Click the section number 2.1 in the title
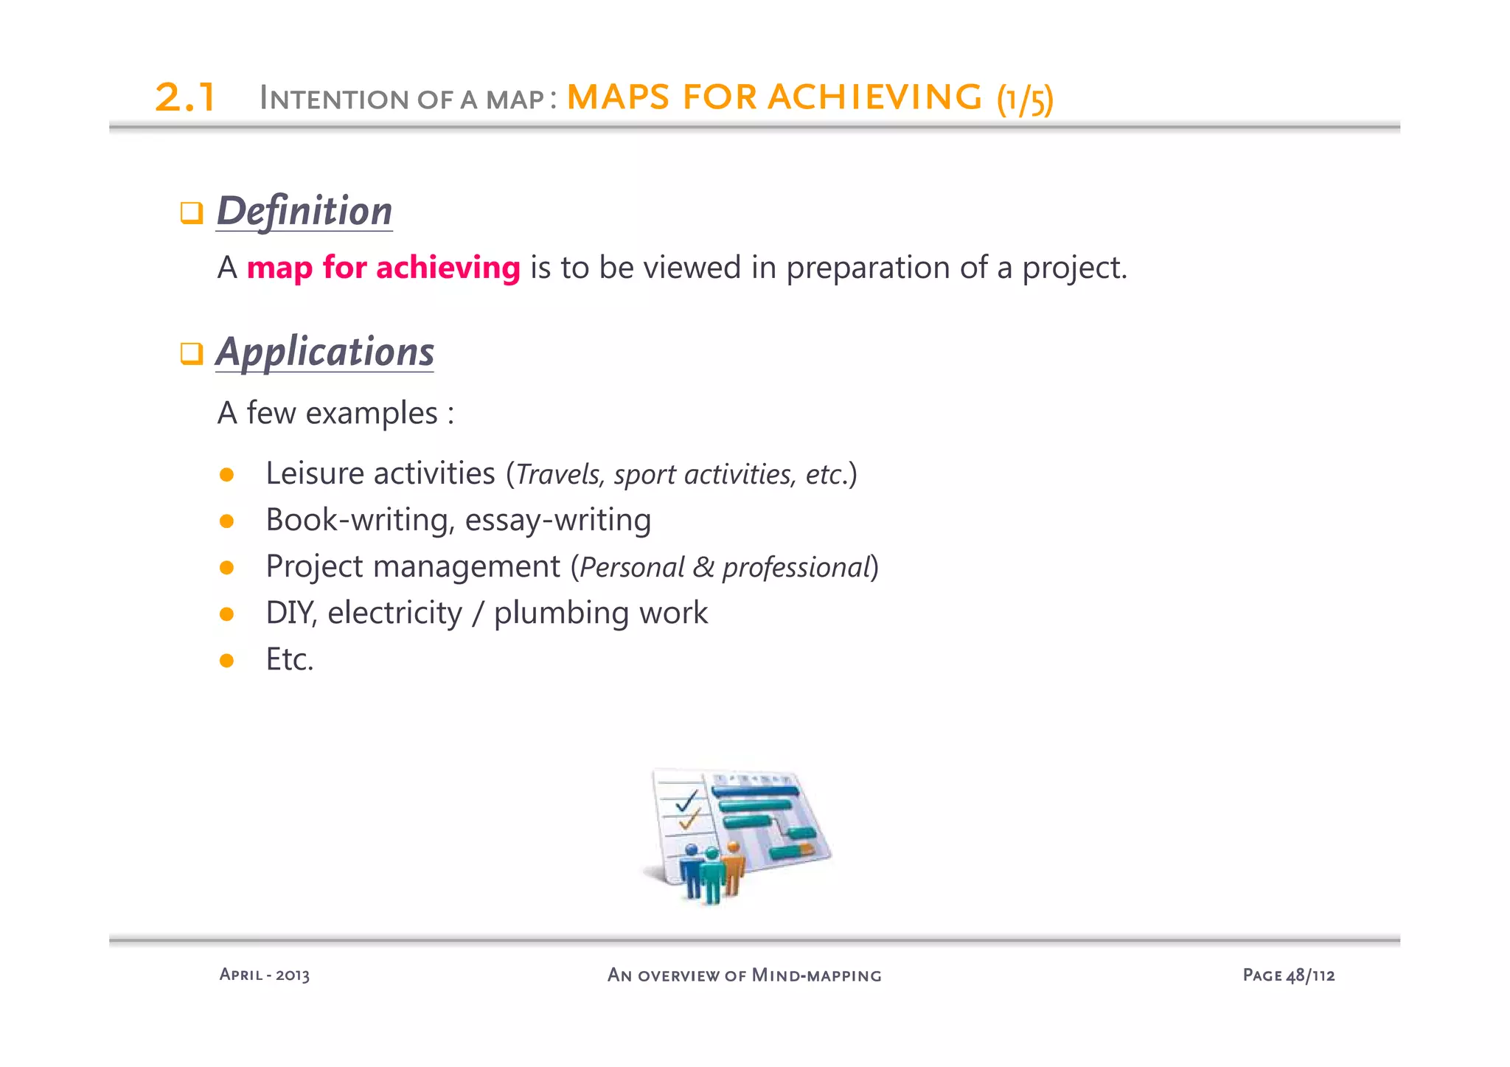click(x=185, y=98)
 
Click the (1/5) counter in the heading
click(x=1025, y=100)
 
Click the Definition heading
click(x=304, y=212)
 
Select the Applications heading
click(x=324, y=352)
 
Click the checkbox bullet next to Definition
click(x=192, y=213)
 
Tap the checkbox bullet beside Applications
click(x=192, y=353)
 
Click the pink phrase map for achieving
click(x=383, y=268)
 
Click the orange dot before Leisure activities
click(x=226, y=475)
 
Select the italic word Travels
click(x=558, y=475)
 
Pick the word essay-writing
click(x=558, y=521)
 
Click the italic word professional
click(x=796, y=568)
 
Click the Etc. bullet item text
click(x=290, y=659)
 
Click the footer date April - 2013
click(x=265, y=975)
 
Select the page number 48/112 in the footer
click(x=1310, y=976)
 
